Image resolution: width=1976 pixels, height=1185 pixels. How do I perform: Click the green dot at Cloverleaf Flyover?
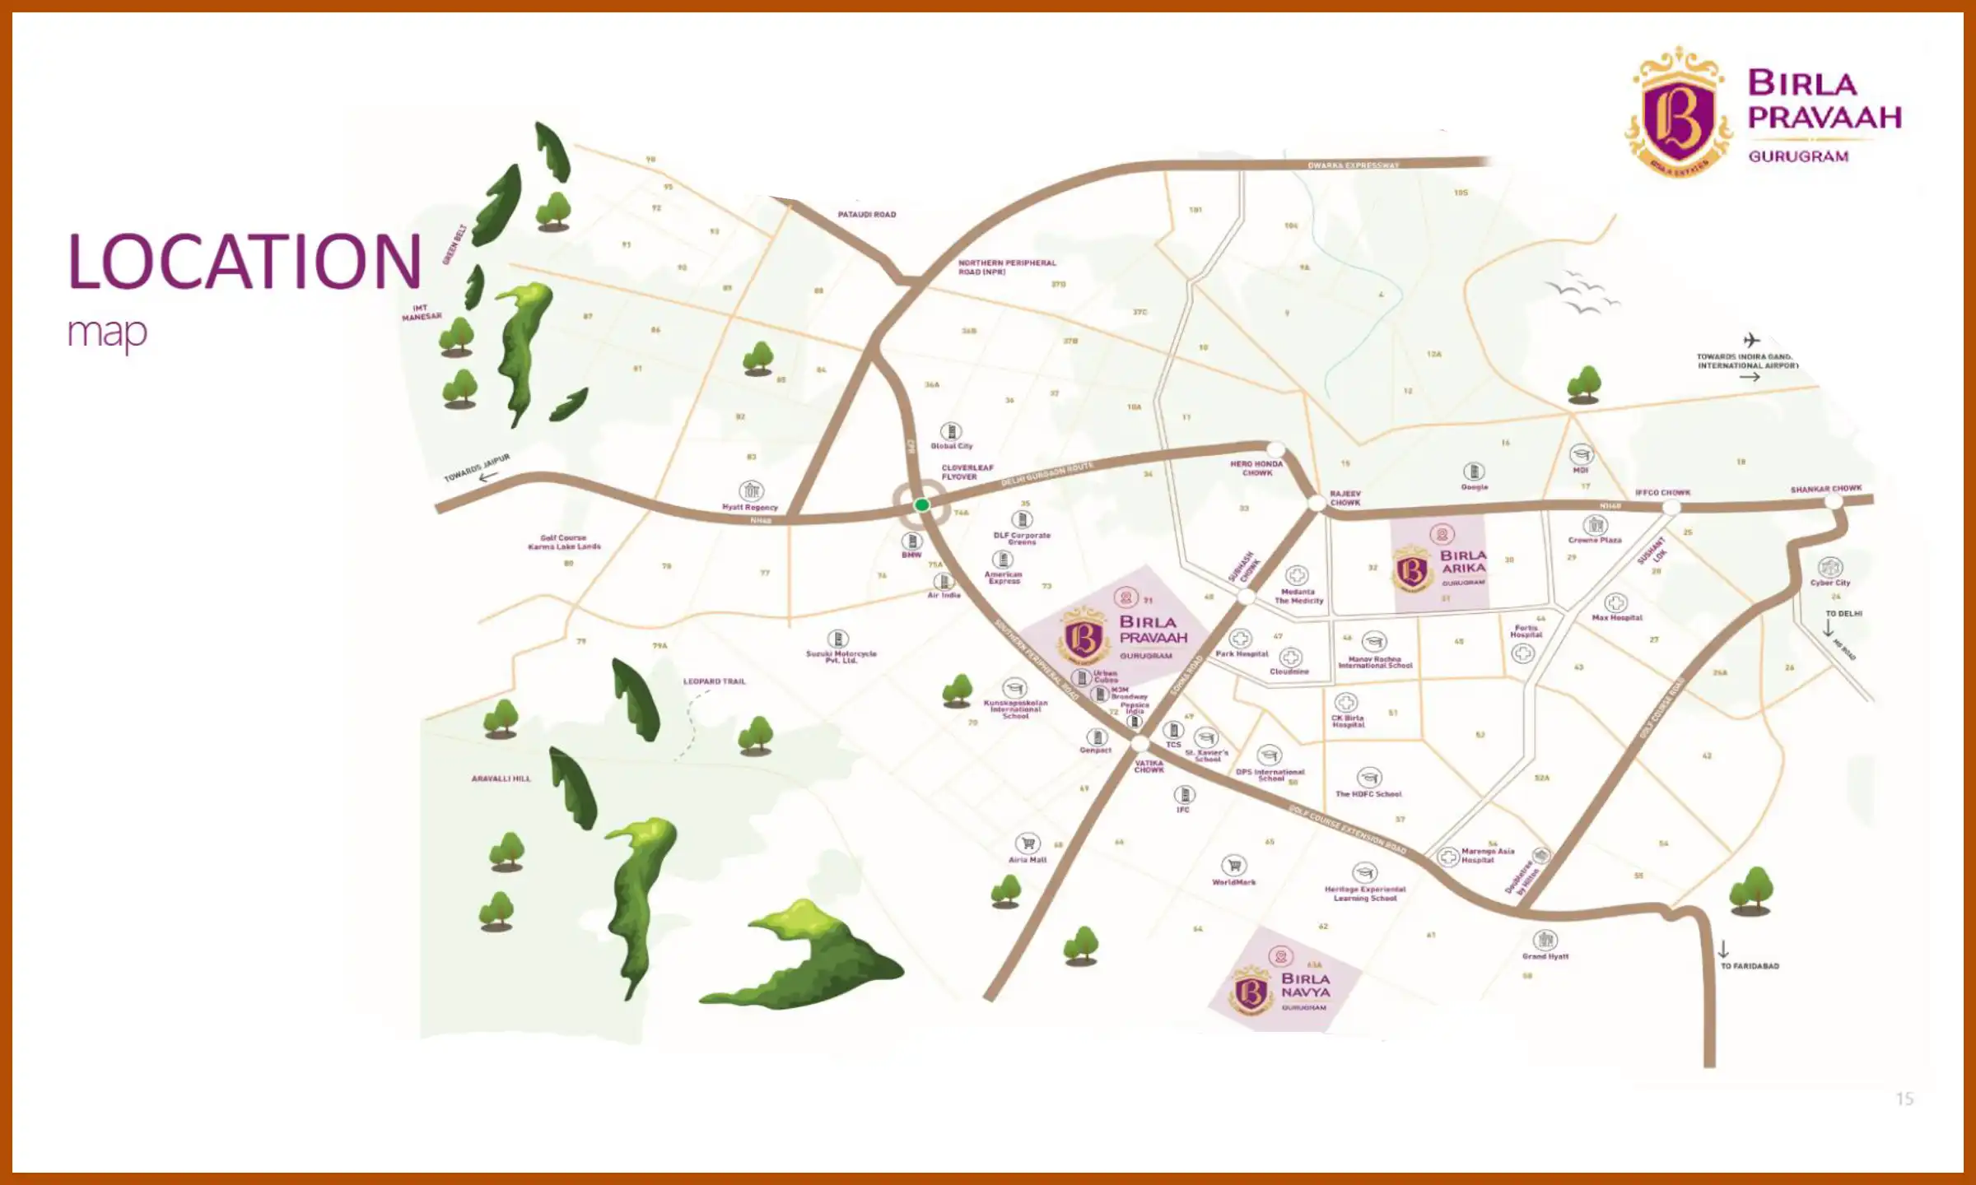click(922, 504)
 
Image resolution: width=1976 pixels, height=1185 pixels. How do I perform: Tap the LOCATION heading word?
click(245, 262)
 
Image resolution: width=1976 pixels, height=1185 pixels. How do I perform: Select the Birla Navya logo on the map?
click(1251, 992)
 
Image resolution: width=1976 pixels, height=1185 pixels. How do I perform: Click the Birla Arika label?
click(1463, 561)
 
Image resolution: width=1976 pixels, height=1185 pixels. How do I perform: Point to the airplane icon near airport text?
click(1751, 340)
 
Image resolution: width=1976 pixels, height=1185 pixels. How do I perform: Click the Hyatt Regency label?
click(749, 508)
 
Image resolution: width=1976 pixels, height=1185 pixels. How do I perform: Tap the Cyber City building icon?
click(1829, 566)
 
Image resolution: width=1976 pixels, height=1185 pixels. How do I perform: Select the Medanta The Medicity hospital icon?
click(1297, 575)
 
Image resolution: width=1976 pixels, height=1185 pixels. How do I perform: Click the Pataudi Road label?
click(866, 215)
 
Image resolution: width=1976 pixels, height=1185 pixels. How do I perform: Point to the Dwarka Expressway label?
click(1353, 165)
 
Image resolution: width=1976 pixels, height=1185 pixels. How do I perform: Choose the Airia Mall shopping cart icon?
click(1027, 843)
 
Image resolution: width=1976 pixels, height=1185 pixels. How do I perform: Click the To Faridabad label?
click(1750, 966)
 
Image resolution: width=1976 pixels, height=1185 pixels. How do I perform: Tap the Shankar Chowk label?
click(1825, 489)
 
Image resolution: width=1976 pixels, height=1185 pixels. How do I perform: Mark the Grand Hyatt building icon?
click(1545, 939)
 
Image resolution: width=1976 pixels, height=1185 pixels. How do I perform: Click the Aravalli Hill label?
click(501, 778)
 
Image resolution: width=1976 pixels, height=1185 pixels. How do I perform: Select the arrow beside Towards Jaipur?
click(489, 476)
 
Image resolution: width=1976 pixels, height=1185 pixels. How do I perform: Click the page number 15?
click(1904, 1099)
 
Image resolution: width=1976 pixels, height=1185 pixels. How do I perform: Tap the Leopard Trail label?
click(714, 681)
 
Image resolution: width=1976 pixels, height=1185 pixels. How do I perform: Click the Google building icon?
click(1474, 472)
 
